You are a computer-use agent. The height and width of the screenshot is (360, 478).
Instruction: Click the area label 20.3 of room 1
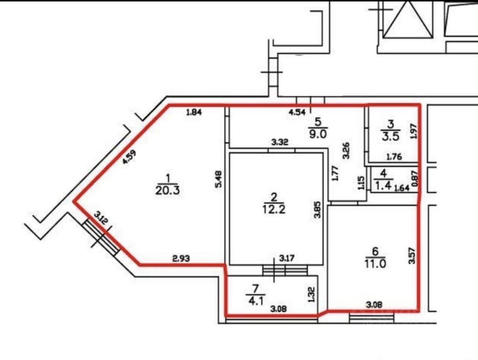click(x=168, y=190)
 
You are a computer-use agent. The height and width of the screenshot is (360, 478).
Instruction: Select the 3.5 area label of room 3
click(x=390, y=136)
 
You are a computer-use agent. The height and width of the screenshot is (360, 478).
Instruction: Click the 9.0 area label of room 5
click(x=318, y=134)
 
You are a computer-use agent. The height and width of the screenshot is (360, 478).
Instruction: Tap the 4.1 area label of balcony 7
click(x=256, y=301)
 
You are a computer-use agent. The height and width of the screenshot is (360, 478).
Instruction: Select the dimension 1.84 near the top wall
click(x=194, y=112)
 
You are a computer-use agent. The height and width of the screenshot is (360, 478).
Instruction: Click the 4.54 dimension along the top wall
click(x=298, y=112)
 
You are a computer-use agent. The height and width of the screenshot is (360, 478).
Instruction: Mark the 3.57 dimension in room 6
click(x=412, y=256)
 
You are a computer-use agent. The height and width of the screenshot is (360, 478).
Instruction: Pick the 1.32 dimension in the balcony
click(x=311, y=295)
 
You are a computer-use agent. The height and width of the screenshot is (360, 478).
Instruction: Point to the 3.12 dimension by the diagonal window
click(x=101, y=217)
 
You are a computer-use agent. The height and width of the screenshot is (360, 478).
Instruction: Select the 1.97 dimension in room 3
click(x=413, y=131)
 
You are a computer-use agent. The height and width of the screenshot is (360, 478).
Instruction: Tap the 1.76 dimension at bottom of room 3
click(x=394, y=157)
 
